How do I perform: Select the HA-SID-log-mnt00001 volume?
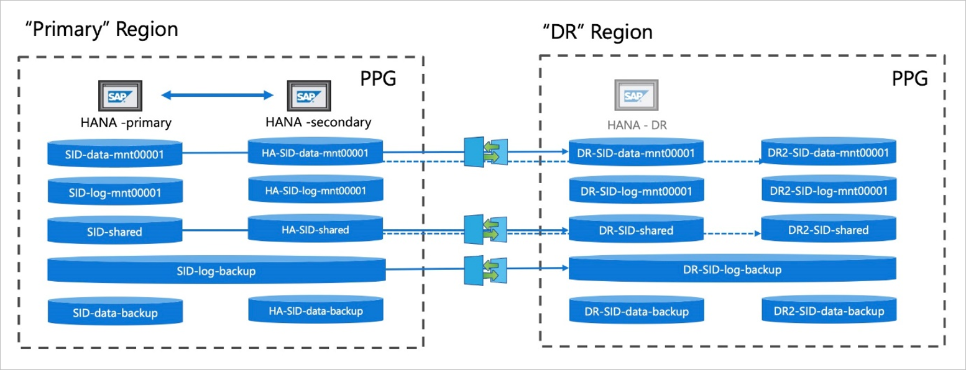315,190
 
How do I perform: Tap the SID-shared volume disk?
115,232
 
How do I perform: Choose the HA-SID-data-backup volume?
315,310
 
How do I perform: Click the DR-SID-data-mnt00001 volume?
636,153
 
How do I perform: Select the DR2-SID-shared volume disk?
828,230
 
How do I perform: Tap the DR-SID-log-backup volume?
732,270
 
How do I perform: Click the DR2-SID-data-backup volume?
828,310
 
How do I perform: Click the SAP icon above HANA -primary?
121,97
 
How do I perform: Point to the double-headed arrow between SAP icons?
217,95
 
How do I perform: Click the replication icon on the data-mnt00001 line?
486,153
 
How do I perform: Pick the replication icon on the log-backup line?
486,268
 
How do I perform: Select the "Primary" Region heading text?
101,29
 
